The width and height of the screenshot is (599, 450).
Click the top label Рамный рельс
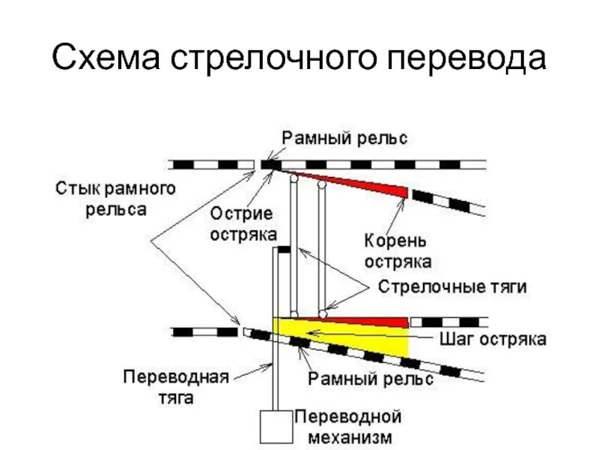(x=344, y=138)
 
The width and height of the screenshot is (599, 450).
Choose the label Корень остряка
(x=397, y=251)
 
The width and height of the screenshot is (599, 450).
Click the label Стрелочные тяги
(x=452, y=287)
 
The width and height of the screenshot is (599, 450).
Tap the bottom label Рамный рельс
(x=371, y=380)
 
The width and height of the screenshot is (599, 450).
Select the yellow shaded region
(x=374, y=342)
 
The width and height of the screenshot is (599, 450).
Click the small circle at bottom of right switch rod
(x=322, y=313)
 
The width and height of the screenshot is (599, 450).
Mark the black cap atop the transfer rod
(x=283, y=250)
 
